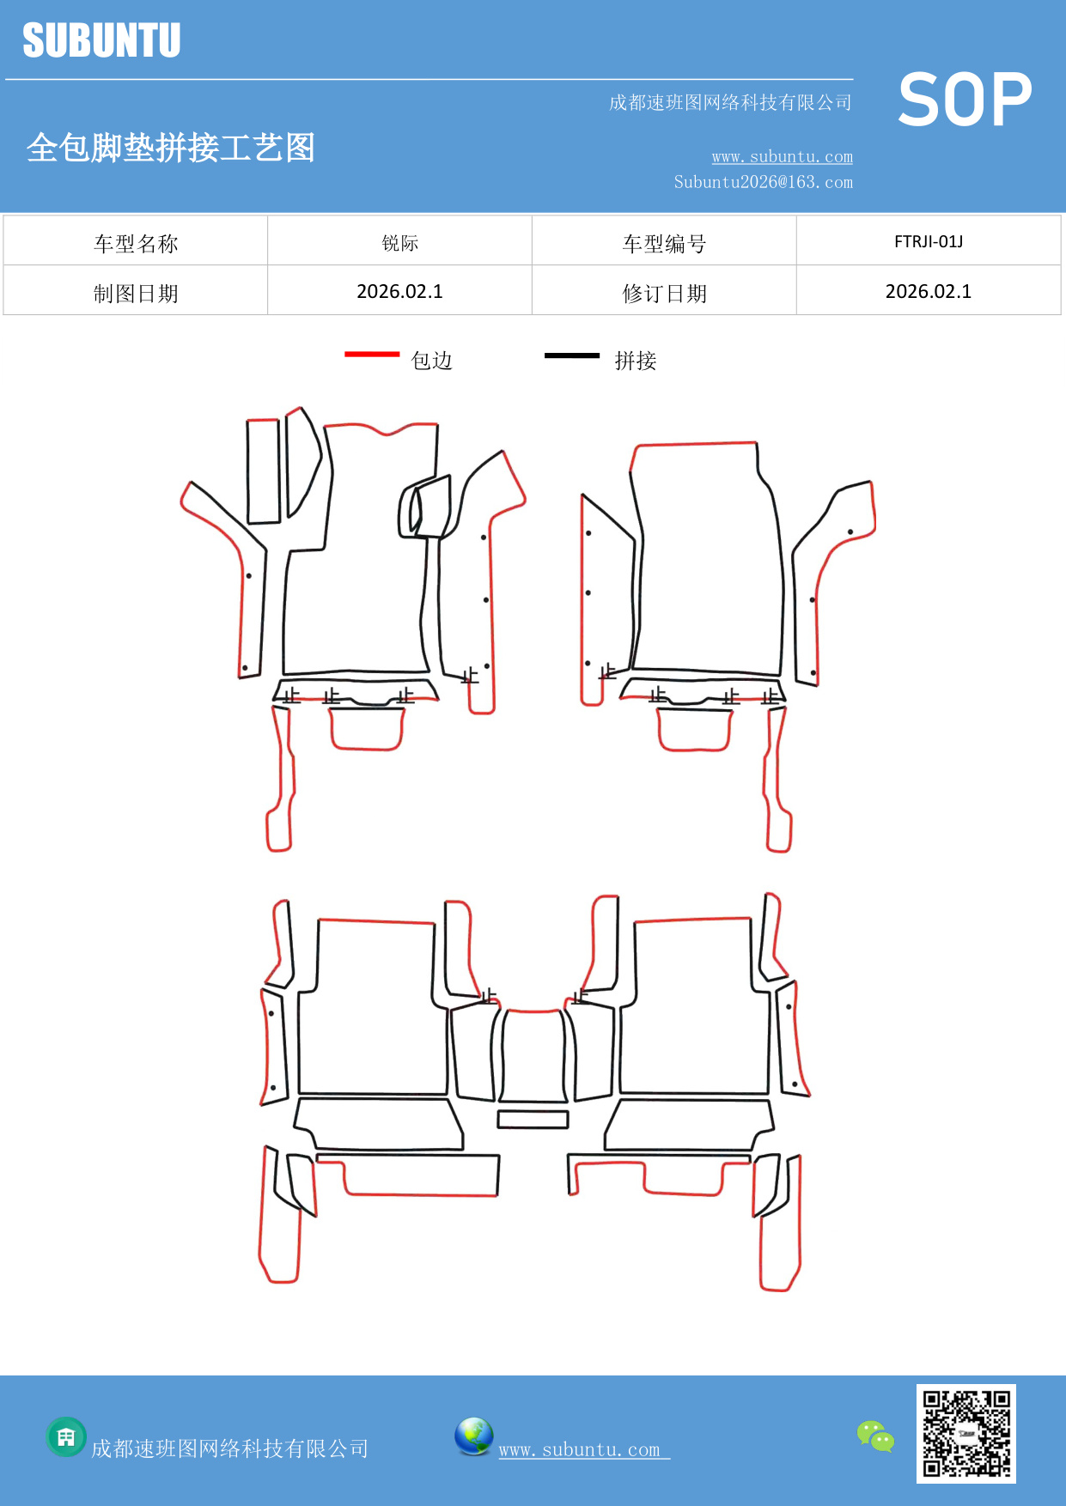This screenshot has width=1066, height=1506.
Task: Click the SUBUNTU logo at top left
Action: point(101,40)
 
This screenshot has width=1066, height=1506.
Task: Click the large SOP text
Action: point(965,100)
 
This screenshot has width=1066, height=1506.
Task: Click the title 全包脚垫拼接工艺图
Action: point(171,148)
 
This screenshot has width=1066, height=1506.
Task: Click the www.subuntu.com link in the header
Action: point(782,157)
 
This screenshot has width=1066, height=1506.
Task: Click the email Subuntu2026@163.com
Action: point(763,182)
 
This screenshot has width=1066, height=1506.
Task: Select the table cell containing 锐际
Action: point(399,243)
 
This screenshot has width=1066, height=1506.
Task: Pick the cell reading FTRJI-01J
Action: point(928,242)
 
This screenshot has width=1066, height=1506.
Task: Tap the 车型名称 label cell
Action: point(136,243)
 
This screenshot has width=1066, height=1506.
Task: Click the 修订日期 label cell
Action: point(664,293)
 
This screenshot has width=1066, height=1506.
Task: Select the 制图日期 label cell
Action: point(136,293)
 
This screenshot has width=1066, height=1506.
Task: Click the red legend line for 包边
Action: point(372,354)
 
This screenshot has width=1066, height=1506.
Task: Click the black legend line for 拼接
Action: point(571,355)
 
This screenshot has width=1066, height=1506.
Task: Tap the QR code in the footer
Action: point(965,1433)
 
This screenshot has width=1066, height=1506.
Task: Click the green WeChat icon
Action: point(875,1436)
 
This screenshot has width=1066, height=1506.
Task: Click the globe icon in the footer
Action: point(473,1436)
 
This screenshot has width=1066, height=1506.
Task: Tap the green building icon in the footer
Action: point(66,1436)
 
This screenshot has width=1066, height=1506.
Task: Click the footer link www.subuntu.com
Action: point(580,1449)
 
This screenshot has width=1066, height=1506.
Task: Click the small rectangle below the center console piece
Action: point(533,1119)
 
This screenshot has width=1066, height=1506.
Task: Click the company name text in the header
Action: point(729,103)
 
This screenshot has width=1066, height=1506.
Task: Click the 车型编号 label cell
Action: point(664,243)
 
